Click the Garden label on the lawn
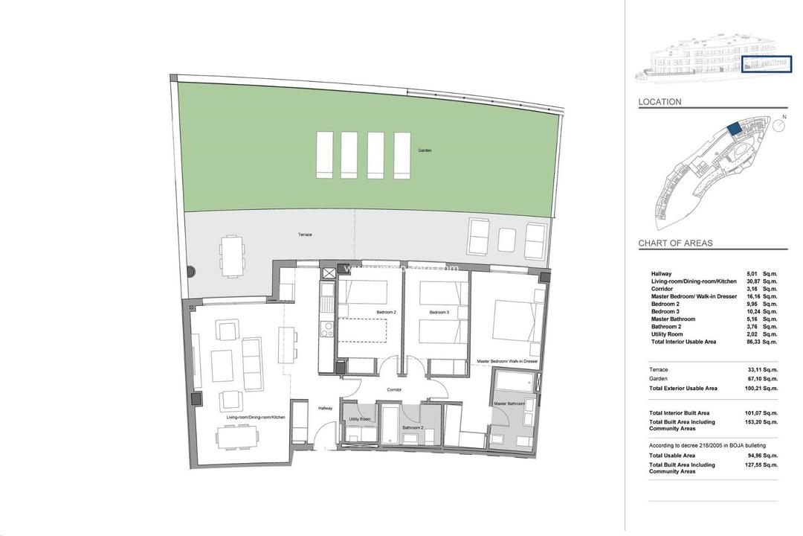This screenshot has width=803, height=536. click(x=425, y=150)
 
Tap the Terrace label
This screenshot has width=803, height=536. click(x=305, y=234)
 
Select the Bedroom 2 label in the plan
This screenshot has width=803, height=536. click(x=386, y=312)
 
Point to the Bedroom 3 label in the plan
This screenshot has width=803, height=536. click(x=439, y=312)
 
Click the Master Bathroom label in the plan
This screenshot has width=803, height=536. click(x=510, y=403)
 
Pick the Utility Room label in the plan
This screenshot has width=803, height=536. click(x=360, y=419)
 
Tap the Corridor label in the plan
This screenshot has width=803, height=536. click(x=394, y=389)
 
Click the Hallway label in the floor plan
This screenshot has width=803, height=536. click(x=326, y=408)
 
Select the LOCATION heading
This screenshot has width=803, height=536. click(x=660, y=102)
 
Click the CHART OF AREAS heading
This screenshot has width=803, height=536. click(x=675, y=243)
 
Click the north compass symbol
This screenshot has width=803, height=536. click(x=778, y=125)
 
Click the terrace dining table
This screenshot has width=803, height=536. click(x=231, y=255)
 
